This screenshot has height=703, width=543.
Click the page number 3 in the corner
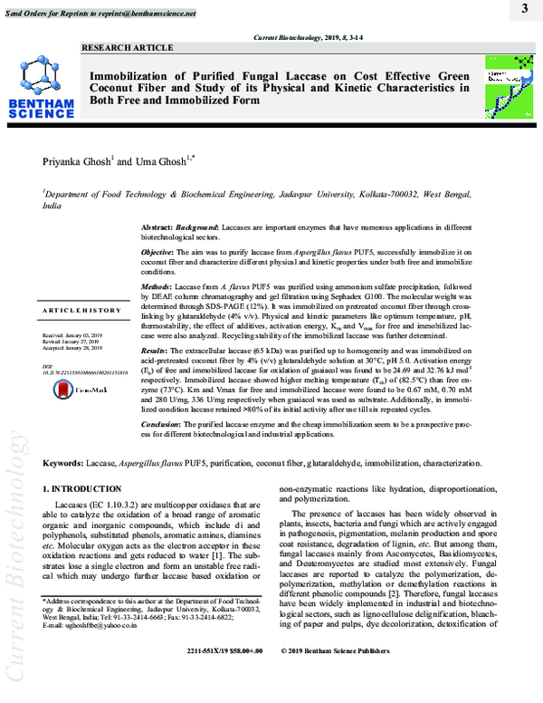click(524, 9)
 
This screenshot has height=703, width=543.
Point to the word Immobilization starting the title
click(134, 74)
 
